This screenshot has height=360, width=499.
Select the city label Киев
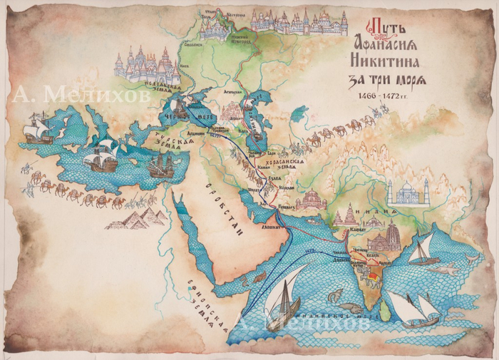[x=186, y=68]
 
